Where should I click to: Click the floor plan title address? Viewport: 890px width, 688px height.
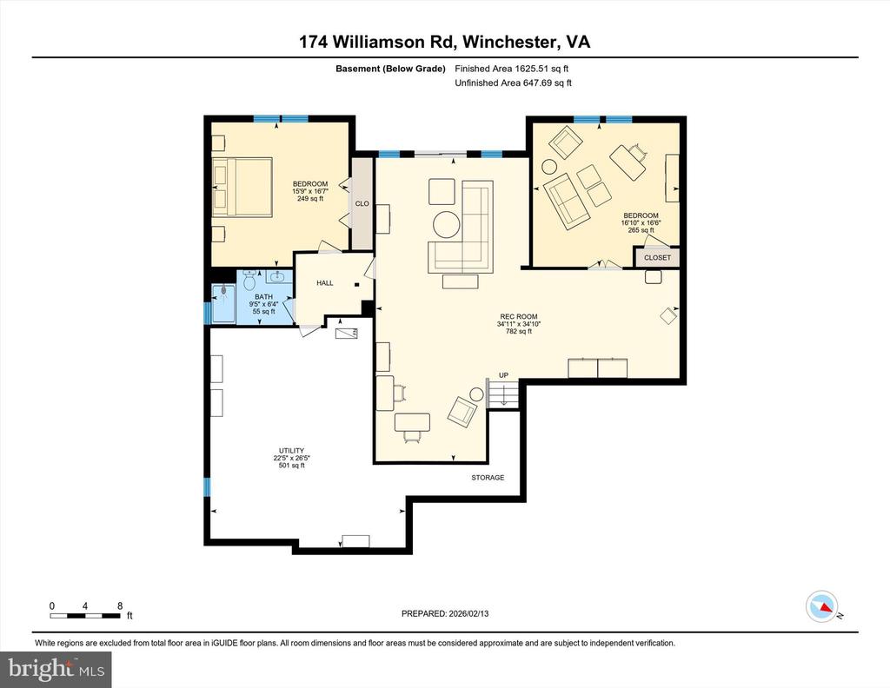[444, 42]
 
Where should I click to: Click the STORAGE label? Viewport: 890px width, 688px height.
[488, 478]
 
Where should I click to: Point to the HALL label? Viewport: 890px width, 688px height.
[324, 282]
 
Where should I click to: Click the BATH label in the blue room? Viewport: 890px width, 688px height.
[263, 296]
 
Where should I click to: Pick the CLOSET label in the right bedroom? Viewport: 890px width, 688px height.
[657, 258]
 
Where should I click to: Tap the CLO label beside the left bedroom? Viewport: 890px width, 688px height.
[362, 204]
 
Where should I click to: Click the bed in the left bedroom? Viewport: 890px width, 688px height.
[242, 185]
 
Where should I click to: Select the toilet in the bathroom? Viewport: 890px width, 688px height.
[249, 281]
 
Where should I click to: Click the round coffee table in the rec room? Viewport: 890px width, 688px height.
[447, 224]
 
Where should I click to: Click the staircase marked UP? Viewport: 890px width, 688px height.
[502, 395]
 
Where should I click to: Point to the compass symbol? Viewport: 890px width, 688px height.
[821, 606]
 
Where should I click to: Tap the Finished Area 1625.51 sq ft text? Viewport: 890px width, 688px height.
[513, 68]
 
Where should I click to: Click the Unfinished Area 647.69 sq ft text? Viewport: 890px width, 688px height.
[513, 83]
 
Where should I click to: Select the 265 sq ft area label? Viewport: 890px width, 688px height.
[641, 231]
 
